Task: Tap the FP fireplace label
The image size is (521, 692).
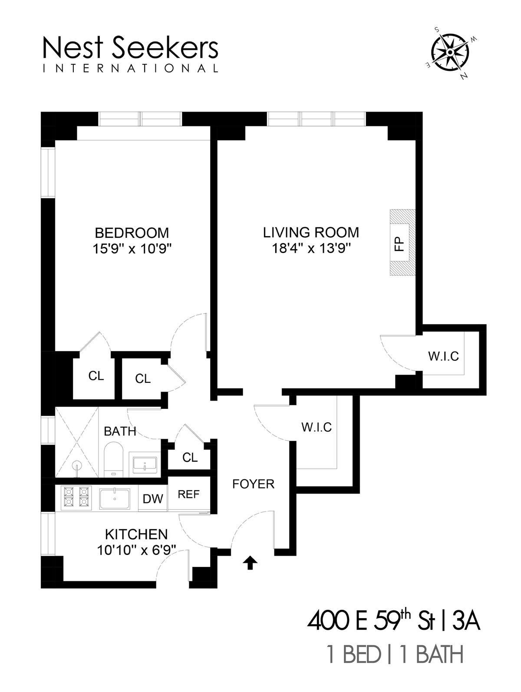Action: (399, 244)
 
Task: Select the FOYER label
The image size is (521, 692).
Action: (253, 484)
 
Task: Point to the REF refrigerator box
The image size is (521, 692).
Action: (188, 494)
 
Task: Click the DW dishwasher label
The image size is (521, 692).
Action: (153, 498)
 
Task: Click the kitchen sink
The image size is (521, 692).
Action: (115, 498)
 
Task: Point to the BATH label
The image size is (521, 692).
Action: (120, 431)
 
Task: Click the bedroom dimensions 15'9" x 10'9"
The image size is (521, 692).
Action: (132, 249)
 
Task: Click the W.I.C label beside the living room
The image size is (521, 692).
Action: (443, 356)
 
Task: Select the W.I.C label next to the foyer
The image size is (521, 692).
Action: (317, 427)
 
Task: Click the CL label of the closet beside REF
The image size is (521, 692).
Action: (190, 458)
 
